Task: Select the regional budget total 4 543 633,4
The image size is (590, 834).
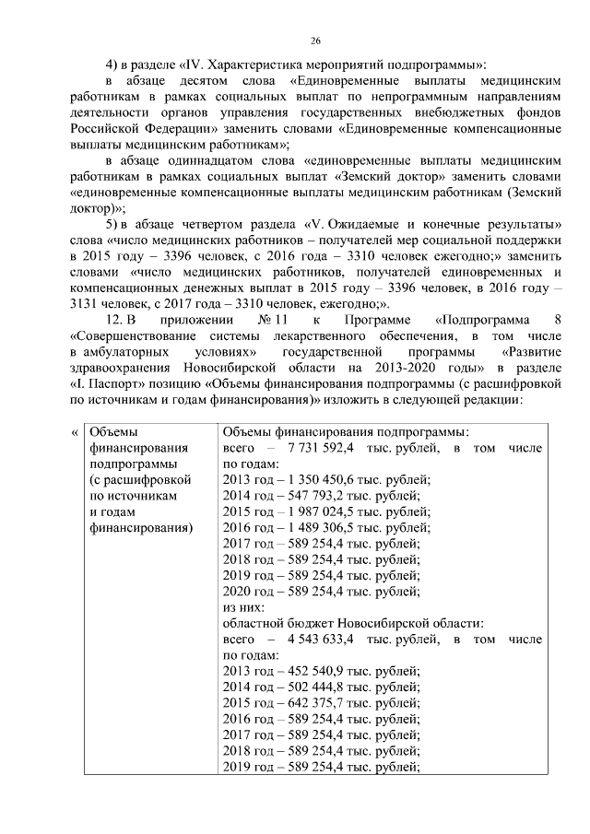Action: tap(330, 638)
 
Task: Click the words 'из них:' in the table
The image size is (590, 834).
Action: tap(243, 606)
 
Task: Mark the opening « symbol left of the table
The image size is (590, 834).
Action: tap(75, 431)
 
